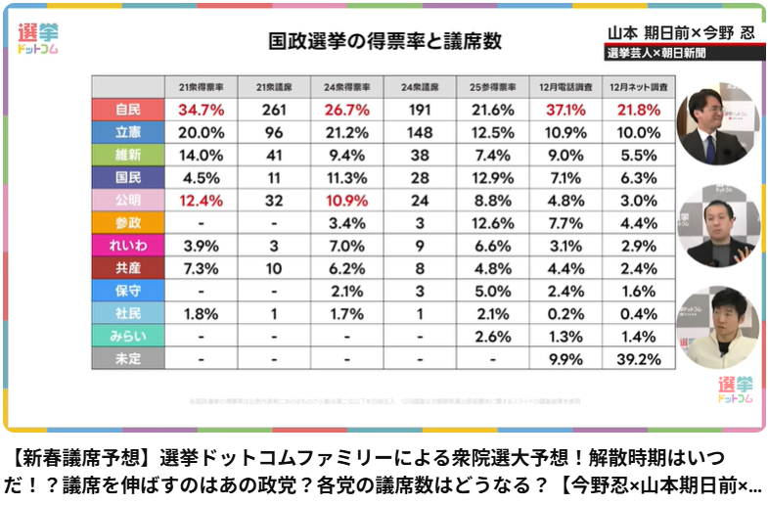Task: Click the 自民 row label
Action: [x=127, y=110]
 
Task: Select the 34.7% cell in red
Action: [x=201, y=110]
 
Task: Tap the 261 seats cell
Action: [x=274, y=110]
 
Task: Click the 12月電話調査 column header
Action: [x=566, y=86]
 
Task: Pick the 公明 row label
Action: [x=127, y=200]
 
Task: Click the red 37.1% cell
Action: [x=566, y=110]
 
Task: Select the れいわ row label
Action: [x=127, y=245]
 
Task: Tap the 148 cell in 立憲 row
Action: [x=420, y=132]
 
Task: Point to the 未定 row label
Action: [x=127, y=359]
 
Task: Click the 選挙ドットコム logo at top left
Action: [x=38, y=38]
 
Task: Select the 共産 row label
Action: [x=127, y=267]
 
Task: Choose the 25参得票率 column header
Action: [x=493, y=86]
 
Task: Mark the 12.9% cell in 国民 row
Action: [x=493, y=177]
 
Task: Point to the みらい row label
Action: [x=127, y=336]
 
